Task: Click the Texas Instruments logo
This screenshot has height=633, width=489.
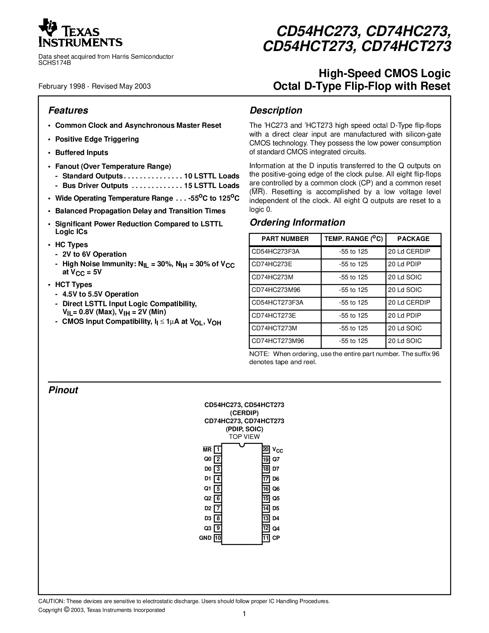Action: tap(80, 33)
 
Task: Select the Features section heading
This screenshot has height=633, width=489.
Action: tap(68, 110)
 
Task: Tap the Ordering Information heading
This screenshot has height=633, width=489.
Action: tap(297, 223)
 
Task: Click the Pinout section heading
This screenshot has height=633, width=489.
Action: tap(63, 390)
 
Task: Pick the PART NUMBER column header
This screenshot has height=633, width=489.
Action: tap(285, 239)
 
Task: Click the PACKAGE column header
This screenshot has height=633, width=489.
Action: tap(413, 239)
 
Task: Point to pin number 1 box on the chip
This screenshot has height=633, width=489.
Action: tap(217, 449)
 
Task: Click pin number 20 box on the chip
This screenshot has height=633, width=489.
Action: tap(266, 449)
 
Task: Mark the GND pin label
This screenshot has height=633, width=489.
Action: tap(205, 538)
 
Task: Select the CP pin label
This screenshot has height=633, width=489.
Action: tap(276, 538)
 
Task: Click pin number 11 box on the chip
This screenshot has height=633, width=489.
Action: tap(266, 538)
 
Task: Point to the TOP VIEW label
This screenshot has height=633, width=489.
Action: tap(244, 437)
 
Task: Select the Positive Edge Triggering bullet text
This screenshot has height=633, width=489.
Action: tap(97, 139)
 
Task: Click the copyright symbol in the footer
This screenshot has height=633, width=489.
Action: tap(67, 610)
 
